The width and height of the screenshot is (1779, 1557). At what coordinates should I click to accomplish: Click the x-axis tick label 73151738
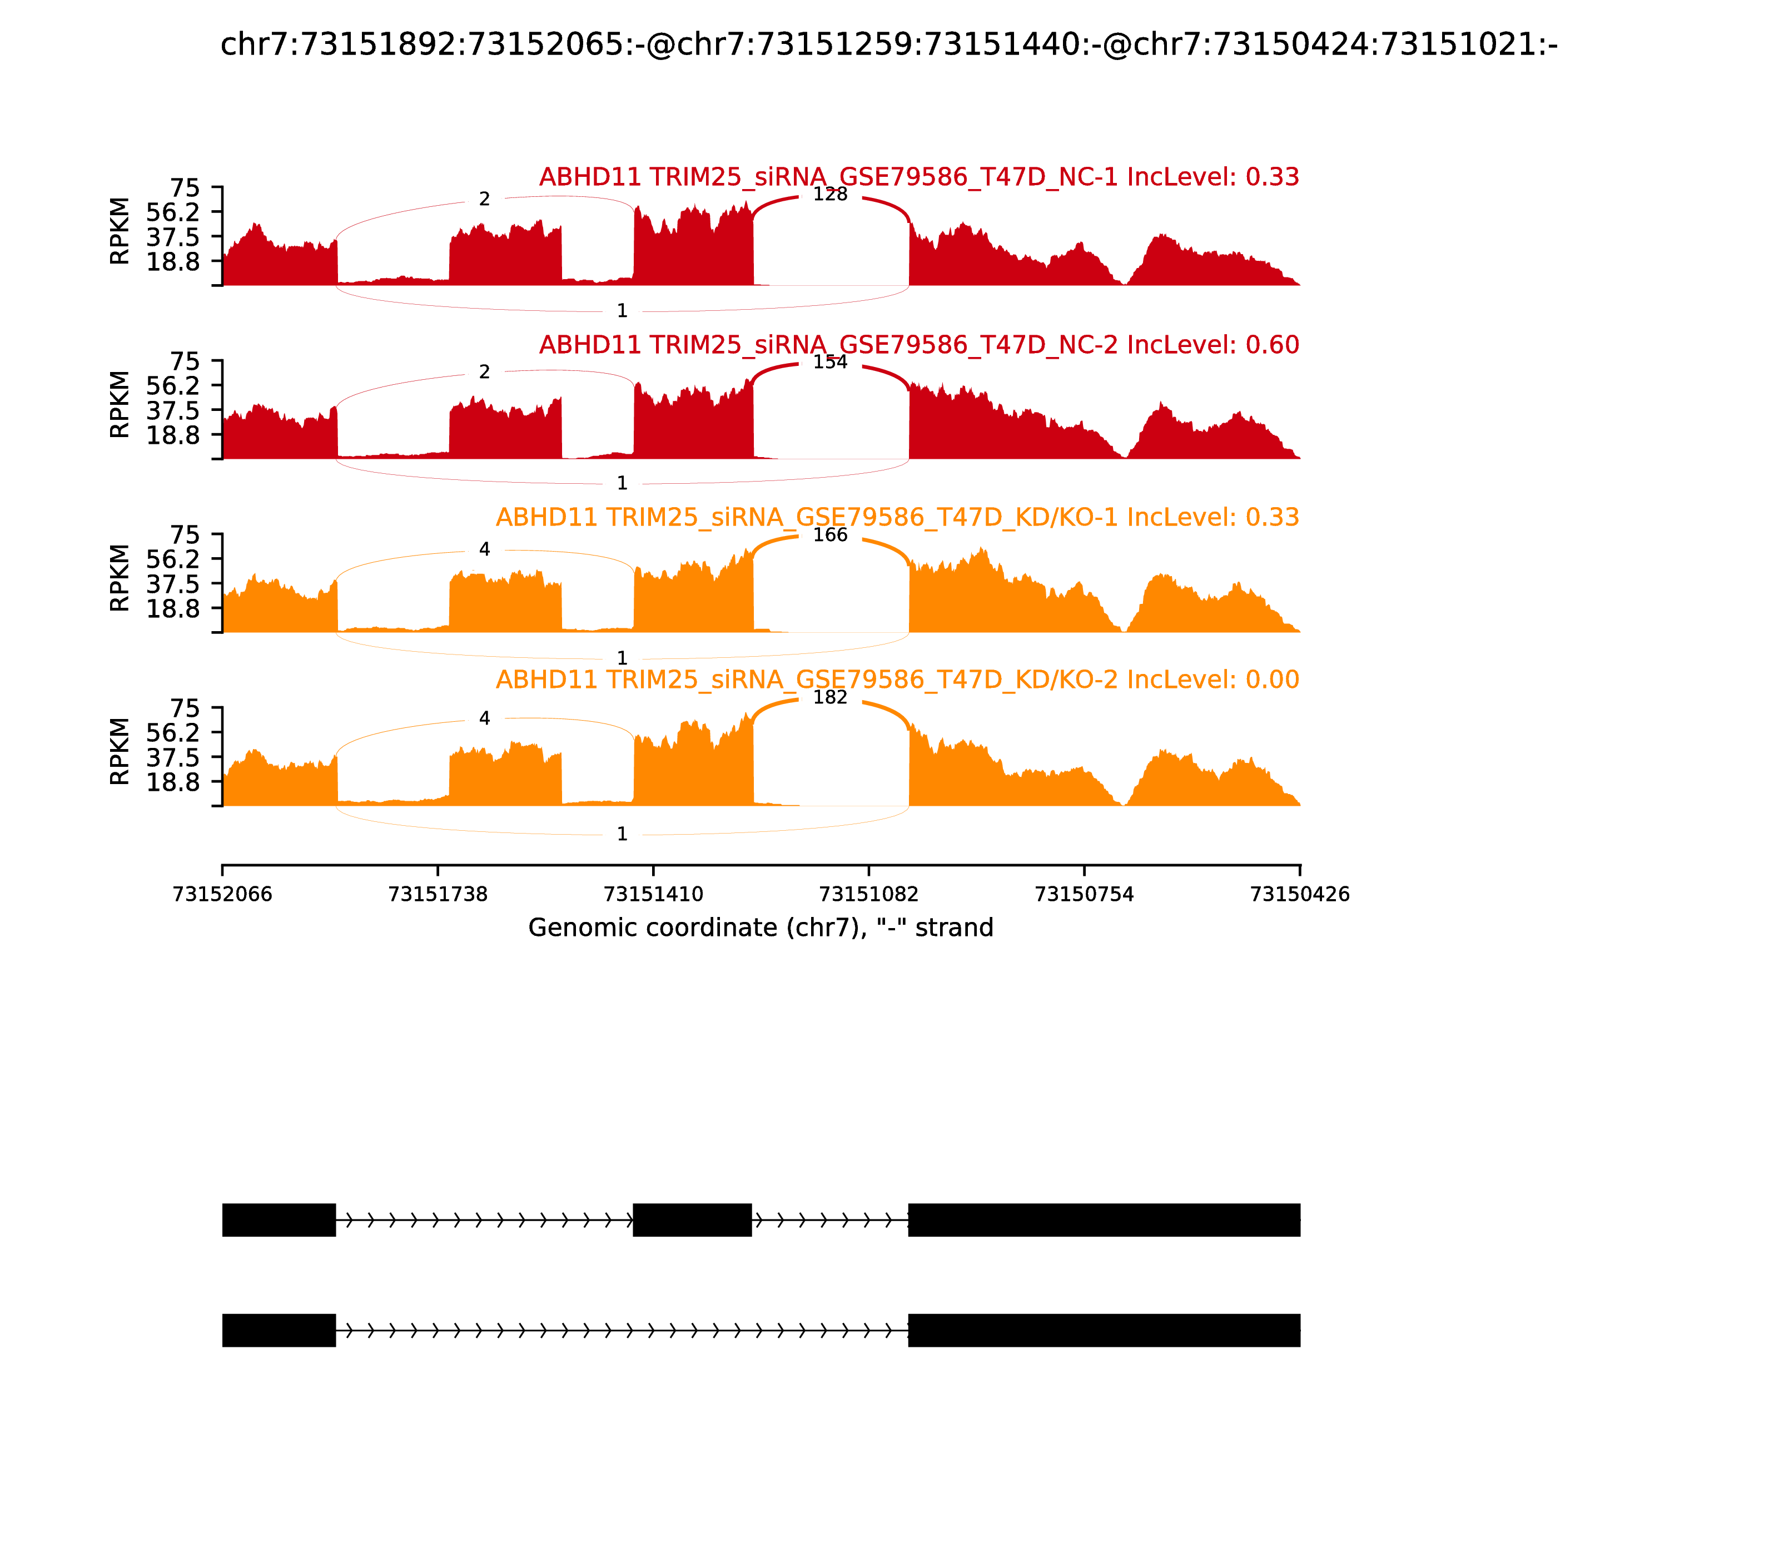coord(438,894)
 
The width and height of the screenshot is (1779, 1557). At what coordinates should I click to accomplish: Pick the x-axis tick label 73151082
coord(868,894)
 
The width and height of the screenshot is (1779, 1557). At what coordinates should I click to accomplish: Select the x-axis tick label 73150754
coord(1084,894)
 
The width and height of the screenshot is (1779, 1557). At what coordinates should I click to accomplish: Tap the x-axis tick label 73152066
coord(222,894)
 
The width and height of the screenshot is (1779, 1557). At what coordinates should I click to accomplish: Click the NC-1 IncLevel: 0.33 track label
coord(919,177)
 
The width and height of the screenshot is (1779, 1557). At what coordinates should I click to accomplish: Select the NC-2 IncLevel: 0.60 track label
coord(919,345)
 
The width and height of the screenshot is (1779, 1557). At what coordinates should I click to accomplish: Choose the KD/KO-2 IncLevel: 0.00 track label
coord(897,680)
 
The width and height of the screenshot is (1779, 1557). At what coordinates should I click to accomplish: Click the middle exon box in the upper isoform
coord(692,1220)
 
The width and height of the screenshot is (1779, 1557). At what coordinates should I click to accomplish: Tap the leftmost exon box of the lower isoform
coord(279,1330)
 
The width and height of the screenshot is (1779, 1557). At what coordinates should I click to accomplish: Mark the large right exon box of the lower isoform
coord(1104,1330)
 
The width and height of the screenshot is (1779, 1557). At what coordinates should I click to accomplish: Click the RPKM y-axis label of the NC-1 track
coord(120,231)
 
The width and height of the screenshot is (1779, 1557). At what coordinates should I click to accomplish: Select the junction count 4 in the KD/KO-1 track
coord(485,549)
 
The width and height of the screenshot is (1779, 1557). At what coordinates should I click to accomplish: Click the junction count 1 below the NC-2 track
coord(622,483)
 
